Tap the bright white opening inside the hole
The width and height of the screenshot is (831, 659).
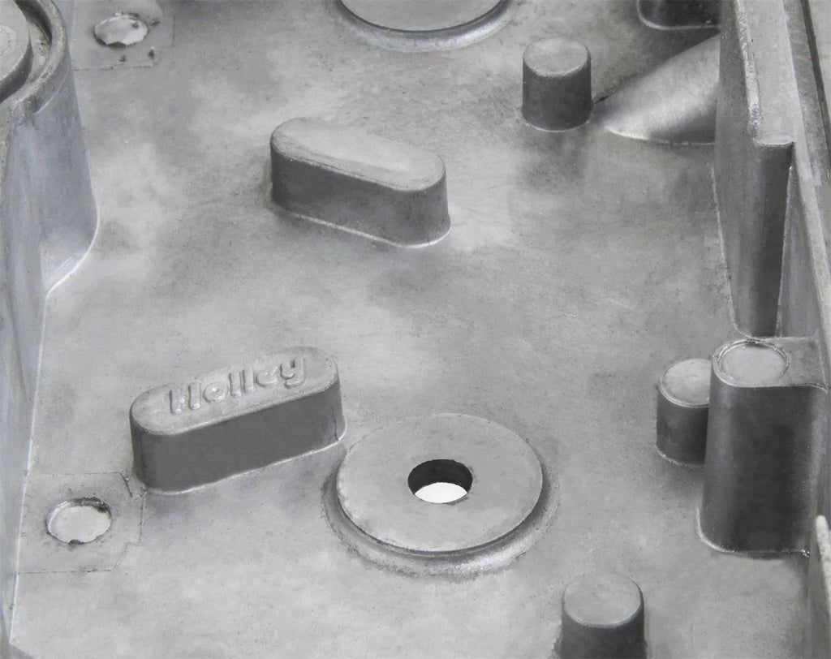click(x=441, y=493)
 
